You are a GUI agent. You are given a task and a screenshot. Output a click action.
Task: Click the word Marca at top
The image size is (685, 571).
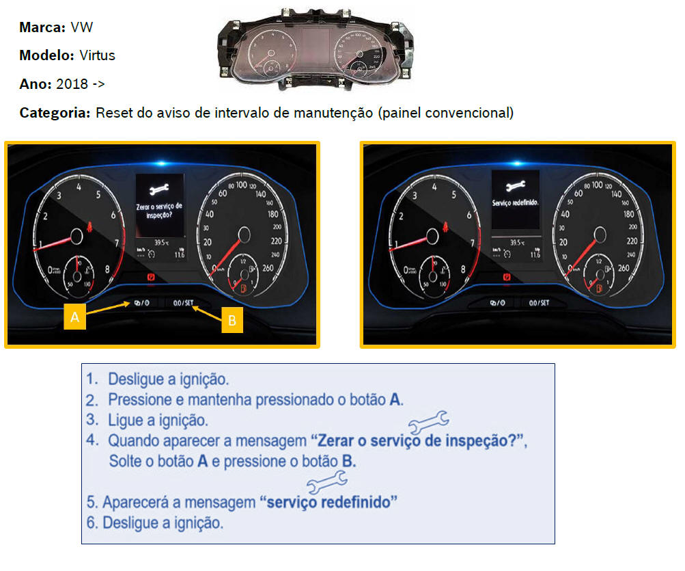point(42,28)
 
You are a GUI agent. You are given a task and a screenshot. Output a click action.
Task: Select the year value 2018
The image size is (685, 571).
point(72,84)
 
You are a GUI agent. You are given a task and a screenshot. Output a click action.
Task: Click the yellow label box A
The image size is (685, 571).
point(74,317)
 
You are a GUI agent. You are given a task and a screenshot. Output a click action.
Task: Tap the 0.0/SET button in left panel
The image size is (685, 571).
point(184,302)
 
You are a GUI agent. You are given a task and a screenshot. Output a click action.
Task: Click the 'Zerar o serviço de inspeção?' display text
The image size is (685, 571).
point(160,210)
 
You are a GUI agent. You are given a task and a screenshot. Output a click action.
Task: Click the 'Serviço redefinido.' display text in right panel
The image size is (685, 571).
point(516,203)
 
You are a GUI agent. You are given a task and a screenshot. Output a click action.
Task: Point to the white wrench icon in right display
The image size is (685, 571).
point(515,185)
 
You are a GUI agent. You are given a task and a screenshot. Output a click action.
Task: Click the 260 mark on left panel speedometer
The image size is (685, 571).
point(268,269)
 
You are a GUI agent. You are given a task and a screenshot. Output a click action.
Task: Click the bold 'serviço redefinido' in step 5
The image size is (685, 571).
point(329,503)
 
